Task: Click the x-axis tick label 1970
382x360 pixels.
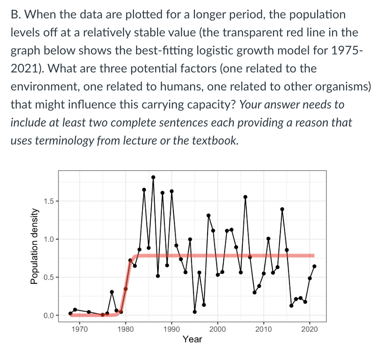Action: click(79, 330)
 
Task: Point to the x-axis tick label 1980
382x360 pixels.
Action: click(125, 330)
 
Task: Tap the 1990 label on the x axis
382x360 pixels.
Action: click(172, 330)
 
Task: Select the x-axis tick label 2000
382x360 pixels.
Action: click(217, 330)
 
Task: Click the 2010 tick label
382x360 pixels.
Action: click(264, 330)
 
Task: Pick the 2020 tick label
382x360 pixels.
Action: click(310, 330)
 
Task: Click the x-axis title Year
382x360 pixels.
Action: click(192, 339)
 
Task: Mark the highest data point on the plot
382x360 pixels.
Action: click(153, 177)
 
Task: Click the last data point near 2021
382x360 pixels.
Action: click(314, 266)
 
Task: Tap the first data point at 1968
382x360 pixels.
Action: click(70, 313)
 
